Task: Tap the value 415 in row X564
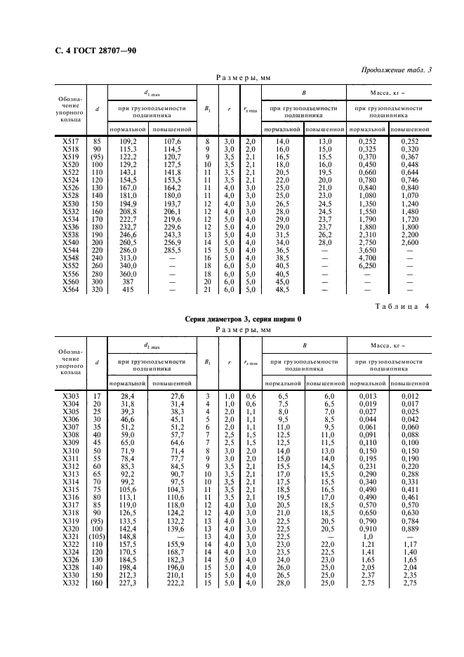(x=127, y=288)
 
